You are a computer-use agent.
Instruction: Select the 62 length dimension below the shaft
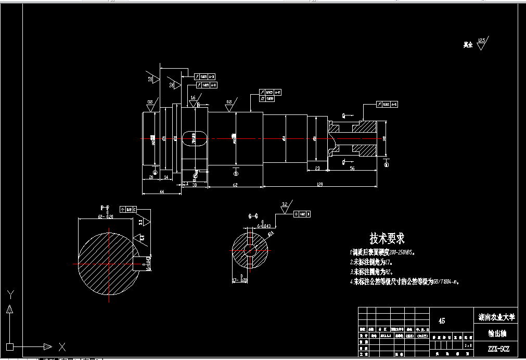point(235,184)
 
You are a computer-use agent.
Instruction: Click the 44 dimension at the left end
point(162,192)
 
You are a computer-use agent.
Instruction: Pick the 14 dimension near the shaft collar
point(166,177)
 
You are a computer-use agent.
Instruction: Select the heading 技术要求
point(387,239)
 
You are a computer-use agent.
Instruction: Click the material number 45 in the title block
point(442,321)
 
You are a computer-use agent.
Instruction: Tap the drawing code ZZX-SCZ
point(495,348)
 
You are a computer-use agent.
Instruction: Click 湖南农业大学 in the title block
point(496,316)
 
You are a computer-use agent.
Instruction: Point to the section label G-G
point(253,215)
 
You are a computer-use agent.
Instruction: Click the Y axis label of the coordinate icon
point(9,294)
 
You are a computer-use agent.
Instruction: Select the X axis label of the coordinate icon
point(62,346)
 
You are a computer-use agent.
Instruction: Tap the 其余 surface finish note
point(467,45)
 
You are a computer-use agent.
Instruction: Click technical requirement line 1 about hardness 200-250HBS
point(382,252)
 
